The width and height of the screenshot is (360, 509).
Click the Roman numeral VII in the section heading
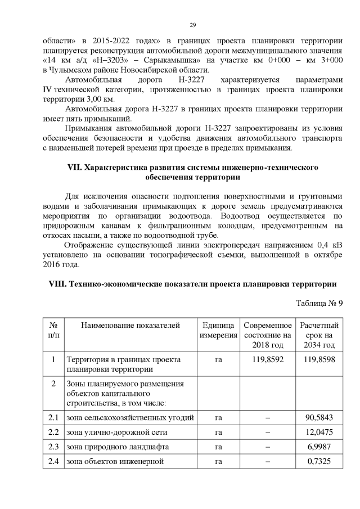point(73,168)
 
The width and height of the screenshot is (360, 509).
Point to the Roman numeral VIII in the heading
point(53,284)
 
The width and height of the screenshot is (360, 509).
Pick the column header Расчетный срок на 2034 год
point(319,335)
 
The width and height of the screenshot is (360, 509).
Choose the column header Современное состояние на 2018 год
point(268,335)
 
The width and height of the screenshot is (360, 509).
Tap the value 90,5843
point(319,418)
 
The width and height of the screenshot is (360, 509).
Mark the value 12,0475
point(319,433)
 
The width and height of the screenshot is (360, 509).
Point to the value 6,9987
point(319,447)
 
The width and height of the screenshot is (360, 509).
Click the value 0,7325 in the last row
point(319,462)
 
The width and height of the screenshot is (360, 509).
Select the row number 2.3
point(54,447)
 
